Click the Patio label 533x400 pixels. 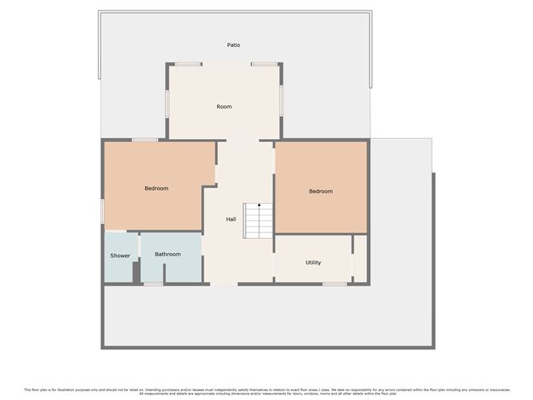(x=233, y=46)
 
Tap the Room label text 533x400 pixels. (x=224, y=106)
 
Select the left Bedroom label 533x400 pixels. (x=156, y=188)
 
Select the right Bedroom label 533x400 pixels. (x=321, y=192)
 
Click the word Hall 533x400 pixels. (x=231, y=219)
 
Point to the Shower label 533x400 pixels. (x=120, y=255)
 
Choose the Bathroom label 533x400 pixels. (x=168, y=255)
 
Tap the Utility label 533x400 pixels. (x=314, y=262)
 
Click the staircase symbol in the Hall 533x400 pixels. (x=259, y=220)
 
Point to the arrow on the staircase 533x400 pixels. (x=259, y=206)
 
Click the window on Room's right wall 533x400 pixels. (x=281, y=102)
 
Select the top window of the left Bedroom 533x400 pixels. (x=144, y=141)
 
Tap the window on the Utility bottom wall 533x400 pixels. (x=334, y=283)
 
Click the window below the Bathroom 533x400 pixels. (x=154, y=283)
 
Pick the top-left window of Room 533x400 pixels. (x=188, y=64)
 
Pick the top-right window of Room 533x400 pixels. (x=263, y=64)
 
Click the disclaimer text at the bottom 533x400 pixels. (x=266, y=391)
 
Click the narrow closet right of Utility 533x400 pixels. (x=360, y=257)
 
